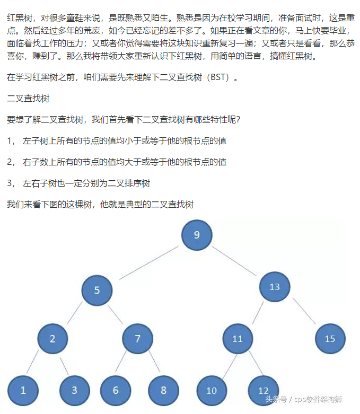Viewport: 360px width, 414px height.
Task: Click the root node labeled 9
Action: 197,235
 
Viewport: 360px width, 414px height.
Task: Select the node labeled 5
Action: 97,290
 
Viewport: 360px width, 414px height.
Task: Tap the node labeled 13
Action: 275,287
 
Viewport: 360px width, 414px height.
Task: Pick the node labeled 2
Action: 52,339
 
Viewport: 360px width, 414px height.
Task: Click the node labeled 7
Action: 137,339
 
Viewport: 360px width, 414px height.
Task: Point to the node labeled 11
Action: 238,339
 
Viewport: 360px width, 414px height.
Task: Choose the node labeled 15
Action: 330,339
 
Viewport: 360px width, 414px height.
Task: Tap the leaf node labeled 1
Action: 23,390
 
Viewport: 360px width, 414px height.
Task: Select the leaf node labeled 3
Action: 74,390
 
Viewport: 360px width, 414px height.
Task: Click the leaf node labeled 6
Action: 116,390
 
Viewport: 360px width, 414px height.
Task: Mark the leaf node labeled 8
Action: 163,390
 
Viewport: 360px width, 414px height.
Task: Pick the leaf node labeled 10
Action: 212,391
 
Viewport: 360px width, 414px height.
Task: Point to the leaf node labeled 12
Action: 264,391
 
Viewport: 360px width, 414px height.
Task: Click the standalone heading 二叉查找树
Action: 28,98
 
